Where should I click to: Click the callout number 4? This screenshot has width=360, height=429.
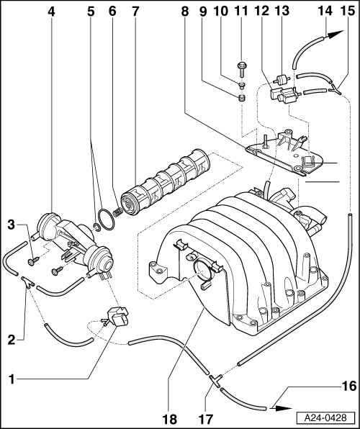click(x=51, y=12)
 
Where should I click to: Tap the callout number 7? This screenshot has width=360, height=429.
click(x=135, y=12)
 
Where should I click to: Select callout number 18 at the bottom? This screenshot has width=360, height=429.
click(x=170, y=419)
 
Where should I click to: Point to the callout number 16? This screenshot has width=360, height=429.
click(x=349, y=387)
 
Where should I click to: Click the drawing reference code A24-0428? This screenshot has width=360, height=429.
click(x=325, y=417)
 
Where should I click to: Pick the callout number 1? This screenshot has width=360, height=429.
click(x=12, y=380)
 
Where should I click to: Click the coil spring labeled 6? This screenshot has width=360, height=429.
click(x=117, y=212)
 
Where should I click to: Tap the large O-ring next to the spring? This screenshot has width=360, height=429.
click(x=107, y=220)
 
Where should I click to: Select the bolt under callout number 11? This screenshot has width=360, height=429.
click(x=242, y=70)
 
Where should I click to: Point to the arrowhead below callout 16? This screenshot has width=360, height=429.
click(x=282, y=408)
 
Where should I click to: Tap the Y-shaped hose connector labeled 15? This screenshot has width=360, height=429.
click(x=336, y=89)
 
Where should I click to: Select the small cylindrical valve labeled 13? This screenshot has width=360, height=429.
click(x=282, y=80)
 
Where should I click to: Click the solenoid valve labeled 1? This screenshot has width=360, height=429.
click(x=118, y=316)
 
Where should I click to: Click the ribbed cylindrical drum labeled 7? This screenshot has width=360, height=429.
click(x=165, y=182)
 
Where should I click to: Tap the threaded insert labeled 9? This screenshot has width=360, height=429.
click(x=241, y=98)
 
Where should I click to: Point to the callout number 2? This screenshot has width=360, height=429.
click(x=12, y=340)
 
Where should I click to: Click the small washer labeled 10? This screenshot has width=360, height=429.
click(x=241, y=86)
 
